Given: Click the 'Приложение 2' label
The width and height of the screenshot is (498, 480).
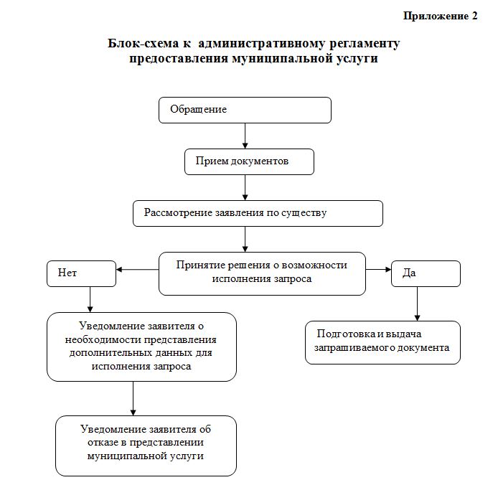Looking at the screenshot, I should click(x=440, y=16).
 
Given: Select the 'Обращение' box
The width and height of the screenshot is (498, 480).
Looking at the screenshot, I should click(x=245, y=110).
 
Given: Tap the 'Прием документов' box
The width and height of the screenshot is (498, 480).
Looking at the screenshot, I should click(x=248, y=161).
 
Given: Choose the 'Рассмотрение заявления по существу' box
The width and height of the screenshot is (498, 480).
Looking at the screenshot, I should click(x=258, y=213).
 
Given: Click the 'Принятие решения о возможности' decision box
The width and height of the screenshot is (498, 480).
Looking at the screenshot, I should click(x=262, y=272).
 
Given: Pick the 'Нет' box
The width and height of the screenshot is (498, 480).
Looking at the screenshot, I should click(x=81, y=273).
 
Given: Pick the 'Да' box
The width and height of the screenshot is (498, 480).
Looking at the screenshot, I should click(x=426, y=273).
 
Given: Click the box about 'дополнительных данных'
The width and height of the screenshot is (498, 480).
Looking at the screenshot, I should click(x=141, y=346).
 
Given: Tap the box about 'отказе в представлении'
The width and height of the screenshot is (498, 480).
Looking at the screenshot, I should click(x=146, y=445).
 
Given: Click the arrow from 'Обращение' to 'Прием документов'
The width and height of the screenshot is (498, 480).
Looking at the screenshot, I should click(x=245, y=136).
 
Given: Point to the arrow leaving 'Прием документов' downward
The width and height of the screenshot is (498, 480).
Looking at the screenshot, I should click(x=245, y=187).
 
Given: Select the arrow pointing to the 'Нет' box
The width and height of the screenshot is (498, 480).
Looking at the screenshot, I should click(x=137, y=270).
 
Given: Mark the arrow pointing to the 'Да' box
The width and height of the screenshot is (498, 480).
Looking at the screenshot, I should click(x=378, y=270).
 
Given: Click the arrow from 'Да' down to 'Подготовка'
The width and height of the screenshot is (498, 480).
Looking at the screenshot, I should click(x=418, y=303).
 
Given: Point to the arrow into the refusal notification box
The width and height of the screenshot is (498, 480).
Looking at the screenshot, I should click(x=133, y=398).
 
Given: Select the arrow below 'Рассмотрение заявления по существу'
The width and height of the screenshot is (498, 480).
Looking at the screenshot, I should click(x=245, y=239).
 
